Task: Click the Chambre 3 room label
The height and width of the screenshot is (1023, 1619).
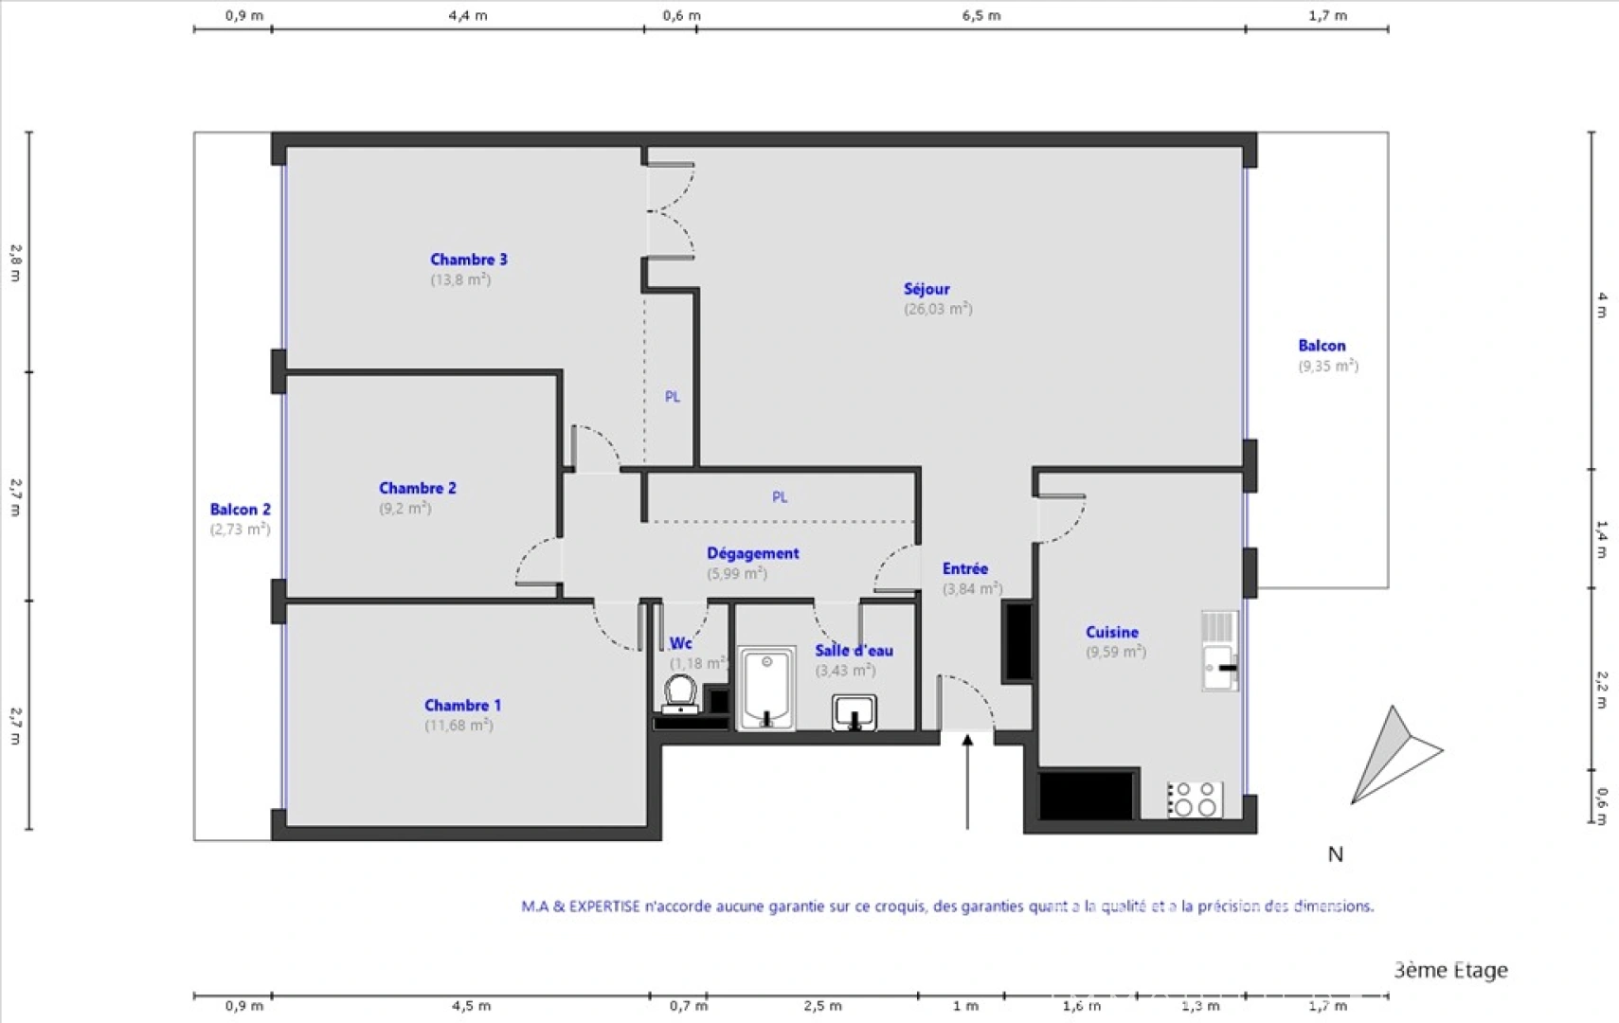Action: (468, 260)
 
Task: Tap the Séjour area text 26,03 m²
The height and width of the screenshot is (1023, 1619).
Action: (937, 309)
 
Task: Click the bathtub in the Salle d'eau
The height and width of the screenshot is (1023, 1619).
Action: (766, 689)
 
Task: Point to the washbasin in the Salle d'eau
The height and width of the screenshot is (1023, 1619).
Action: (854, 712)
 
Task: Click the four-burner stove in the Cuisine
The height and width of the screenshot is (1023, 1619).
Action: (1195, 799)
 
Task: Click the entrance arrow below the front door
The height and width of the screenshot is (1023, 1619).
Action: (967, 781)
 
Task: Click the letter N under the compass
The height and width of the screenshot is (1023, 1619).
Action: (1336, 854)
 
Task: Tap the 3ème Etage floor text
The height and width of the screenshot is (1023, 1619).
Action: (1450, 970)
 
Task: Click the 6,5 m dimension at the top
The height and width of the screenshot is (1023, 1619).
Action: (981, 15)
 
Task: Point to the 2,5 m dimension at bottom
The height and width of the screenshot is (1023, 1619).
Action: (822, 1006)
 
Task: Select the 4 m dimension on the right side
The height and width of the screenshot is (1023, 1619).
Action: (1601, 305)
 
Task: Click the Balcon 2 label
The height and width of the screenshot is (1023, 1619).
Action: (241, 510)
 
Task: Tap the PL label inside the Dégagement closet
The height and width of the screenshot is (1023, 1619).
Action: (780, 497)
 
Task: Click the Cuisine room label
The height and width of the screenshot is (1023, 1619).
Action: (1112, 632)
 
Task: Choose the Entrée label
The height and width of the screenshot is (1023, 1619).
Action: (965, 568)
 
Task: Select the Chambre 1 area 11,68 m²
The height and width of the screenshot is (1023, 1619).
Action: (459, 726)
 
